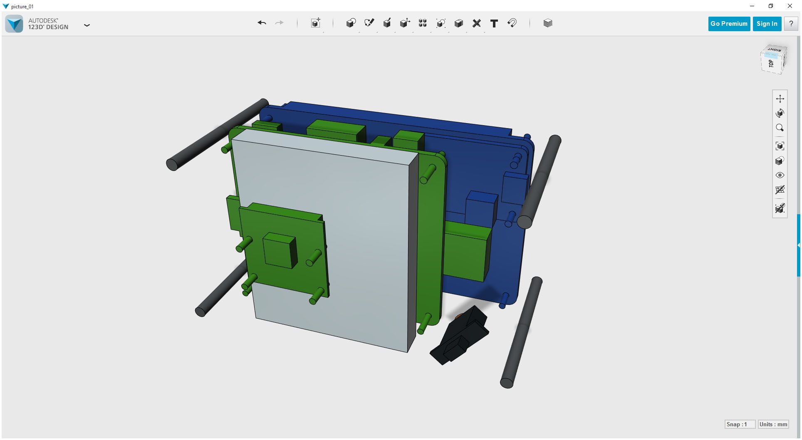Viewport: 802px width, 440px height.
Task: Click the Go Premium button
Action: pos(729,24)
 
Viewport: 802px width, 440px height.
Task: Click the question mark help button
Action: pos(791,24)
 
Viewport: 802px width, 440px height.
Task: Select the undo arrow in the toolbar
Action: pos(262,23)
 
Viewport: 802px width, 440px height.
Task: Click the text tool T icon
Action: pos(494,23)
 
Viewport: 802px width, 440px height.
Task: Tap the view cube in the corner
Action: pos(773,60)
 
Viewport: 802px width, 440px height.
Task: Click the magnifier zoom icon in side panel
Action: pos(780,128)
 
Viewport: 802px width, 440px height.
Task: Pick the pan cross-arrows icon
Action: pos(780,99)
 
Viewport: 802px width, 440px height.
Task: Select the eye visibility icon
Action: pos(780,175)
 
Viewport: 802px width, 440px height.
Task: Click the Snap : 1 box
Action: pos(740,424)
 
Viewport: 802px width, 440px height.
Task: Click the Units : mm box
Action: pos(773,424)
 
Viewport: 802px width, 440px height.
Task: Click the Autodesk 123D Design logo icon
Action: pos(15,24)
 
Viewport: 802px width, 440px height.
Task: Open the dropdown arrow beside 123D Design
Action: pos(87,25)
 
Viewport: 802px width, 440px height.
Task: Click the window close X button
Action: pos(790,6)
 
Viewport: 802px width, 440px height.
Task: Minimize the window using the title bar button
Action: pos(752,6)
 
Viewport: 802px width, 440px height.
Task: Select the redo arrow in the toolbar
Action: pos(279,23)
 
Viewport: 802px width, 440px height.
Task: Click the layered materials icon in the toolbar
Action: pos(548,23)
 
